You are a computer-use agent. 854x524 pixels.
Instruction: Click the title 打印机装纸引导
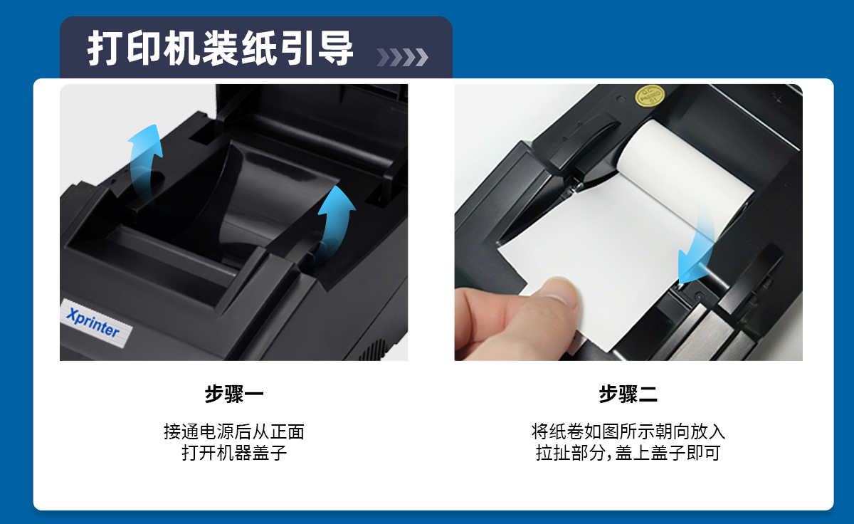[x=221, y=48]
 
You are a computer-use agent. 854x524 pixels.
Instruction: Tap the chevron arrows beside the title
[x=402, y=57]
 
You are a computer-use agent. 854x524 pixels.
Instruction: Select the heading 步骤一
[x=234, y=394]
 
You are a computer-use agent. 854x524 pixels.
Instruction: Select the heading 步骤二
[x=628, y=394]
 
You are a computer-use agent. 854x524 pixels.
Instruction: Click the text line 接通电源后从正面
[x=234, y=431]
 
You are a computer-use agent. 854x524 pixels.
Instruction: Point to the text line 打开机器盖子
[x=234, y=453]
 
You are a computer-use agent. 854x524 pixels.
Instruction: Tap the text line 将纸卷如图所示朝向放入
[x=628, y=431]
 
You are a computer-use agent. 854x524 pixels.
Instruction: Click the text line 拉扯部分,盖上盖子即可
[x=628, y=453]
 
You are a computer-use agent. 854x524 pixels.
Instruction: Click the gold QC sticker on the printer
[x=650, y=95]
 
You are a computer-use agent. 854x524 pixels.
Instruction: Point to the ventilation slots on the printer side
[x=376, y=350]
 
